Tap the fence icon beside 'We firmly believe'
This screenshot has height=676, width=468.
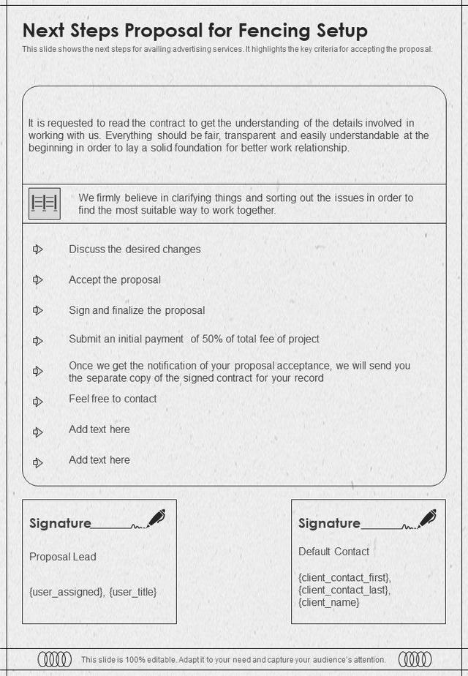pyautogui.click(x=45, y=203)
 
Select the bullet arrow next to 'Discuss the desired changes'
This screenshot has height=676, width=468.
pyautogui.click(x=38, y=249)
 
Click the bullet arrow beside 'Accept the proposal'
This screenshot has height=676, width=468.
pyautogui.click(x=38, y=280)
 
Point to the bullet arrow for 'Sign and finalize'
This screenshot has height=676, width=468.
pyautogui.click(x=38, y=311)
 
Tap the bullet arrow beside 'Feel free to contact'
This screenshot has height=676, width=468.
pyautogui.click(x=38, y=402)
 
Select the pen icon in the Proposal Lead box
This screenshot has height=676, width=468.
pyautogui.click(x=156, y=518)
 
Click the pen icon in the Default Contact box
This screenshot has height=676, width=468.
pyautogui.click(x=427, y=518)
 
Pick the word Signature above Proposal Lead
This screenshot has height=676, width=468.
pyautogui.click(x=60, y=524)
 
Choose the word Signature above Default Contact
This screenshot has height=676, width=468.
pyautogui.click(x=329, y=524)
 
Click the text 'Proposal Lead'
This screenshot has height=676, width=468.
pyautogui.click(x=63, y=557)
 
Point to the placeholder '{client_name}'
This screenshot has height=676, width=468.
pyautogui.click(x=329, y=603)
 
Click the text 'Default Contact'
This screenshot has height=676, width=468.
pyautogui.click(x=333, y=552)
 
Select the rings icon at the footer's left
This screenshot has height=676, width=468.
pyautogui.click(x=55, y=659)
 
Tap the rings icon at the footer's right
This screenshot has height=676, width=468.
pyautogui.click(x=415, y=659)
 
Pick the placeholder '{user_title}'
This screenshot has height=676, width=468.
pyautogui.click(x=132, y=592)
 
